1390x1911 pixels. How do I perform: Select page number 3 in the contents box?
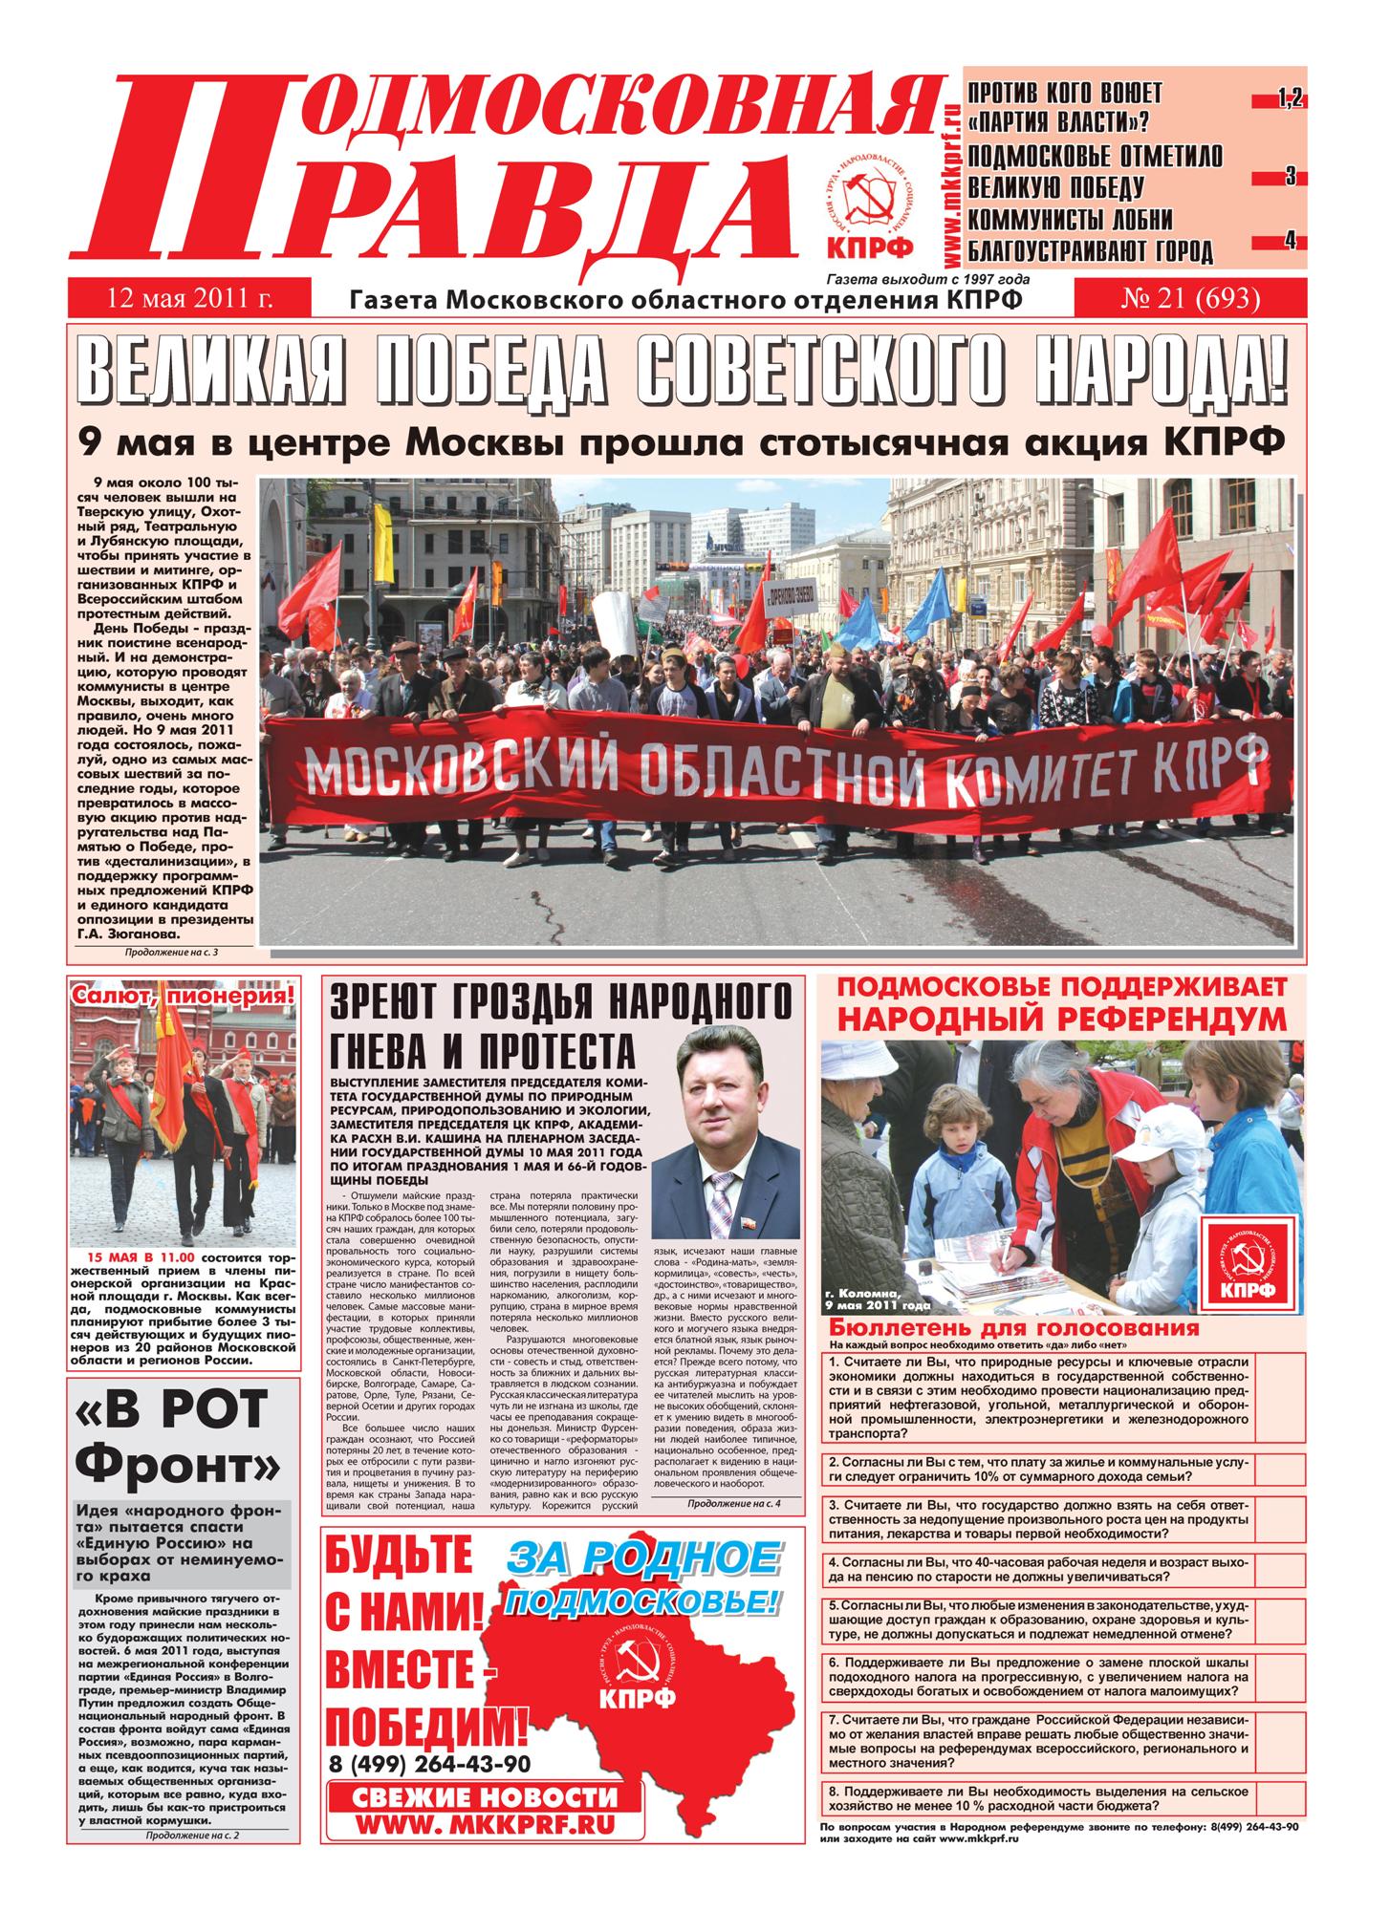(x=1290, y=177)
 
